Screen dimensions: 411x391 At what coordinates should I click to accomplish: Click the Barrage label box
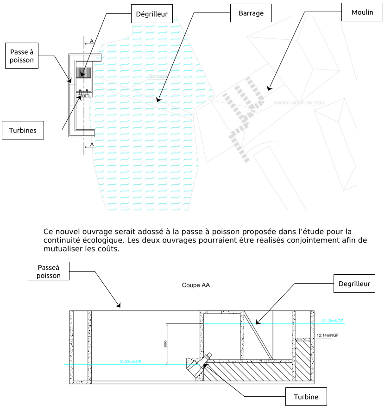coord(251,13)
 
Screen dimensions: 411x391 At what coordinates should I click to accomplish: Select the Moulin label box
coord(362,13)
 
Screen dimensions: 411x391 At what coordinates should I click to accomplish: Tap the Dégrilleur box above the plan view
coord(152,14)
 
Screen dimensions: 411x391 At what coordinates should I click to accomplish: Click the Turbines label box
coord(23,131)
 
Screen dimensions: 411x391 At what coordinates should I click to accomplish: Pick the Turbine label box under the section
coord(306,397)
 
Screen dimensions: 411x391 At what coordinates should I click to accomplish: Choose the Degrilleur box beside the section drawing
coord(354,284)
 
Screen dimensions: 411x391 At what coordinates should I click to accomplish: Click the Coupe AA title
coord(195,285)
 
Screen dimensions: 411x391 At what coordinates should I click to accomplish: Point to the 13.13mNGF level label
coord(332,321)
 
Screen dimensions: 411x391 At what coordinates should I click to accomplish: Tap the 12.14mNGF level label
coord(327,335)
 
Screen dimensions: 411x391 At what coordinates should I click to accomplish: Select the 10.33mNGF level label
coord(130,362)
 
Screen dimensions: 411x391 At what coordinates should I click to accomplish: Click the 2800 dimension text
coord(165,344)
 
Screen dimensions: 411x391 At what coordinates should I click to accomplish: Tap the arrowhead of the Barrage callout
coord(158,100)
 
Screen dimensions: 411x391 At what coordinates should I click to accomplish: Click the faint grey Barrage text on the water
coord(158,76)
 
